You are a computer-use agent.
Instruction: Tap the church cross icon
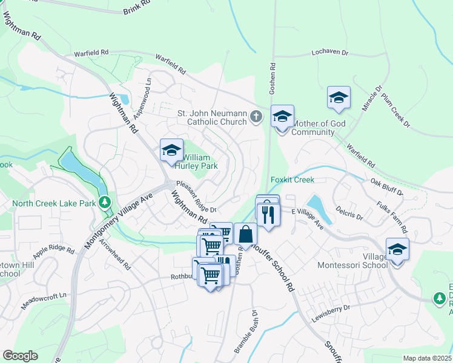click(x=257, y=116)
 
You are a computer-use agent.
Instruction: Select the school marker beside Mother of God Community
click(x=282, y=117)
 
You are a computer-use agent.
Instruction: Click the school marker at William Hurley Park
click(x=171, y=150)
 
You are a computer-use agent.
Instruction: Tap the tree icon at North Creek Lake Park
click(x=105, y=202)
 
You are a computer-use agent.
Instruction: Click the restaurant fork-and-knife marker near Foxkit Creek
click(x=267, y=214)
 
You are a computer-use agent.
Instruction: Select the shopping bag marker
click(x=245, y=234)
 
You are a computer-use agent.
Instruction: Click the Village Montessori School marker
click(x=397, y=249)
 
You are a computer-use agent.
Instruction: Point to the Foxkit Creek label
click(x=292, y=180)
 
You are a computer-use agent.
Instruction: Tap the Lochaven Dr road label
click(x=330, y=53)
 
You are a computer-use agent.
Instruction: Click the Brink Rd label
click(x=136, y=7)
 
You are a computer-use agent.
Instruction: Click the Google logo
click(x=20, y=356)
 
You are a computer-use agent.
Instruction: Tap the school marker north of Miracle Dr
click(x=339, y=97)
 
